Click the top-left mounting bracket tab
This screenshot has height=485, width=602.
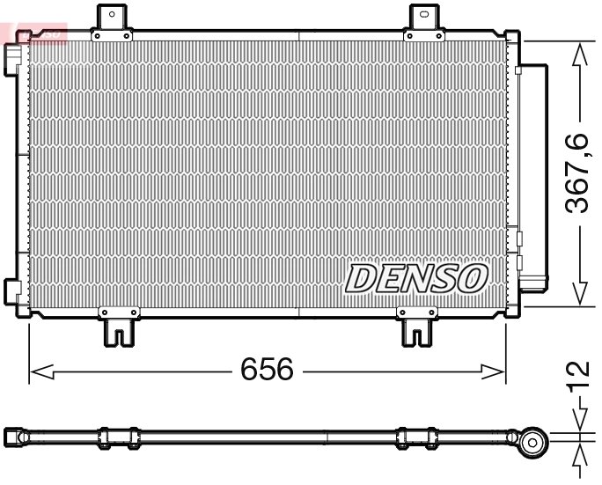[x=112, y=19]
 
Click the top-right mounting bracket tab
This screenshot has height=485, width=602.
[x=424, y=19]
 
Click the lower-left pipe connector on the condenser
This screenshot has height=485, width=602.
[x=14, y=289]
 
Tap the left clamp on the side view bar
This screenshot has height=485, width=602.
[x=118, y=437]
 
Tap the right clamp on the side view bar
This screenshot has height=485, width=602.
[x=417, y=437]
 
